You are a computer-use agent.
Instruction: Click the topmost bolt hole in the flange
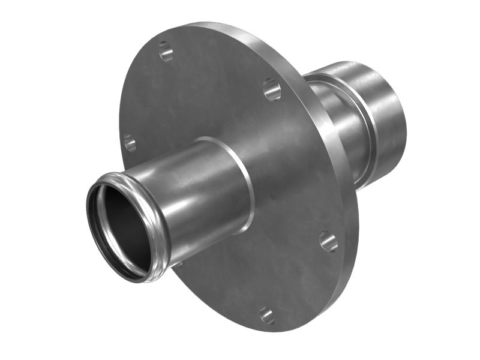pos(166,51)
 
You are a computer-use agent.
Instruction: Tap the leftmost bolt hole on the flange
pos(129,142)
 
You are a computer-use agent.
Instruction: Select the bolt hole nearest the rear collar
pos(272,89)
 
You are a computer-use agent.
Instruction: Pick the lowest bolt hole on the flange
pos(266,315)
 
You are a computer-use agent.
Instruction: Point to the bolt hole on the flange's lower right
pos(328,241)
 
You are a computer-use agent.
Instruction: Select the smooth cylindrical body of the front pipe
pos(198,192)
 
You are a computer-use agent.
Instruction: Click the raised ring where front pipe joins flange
pos(246,180)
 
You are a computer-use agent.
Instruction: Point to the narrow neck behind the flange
pos(336,120)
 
